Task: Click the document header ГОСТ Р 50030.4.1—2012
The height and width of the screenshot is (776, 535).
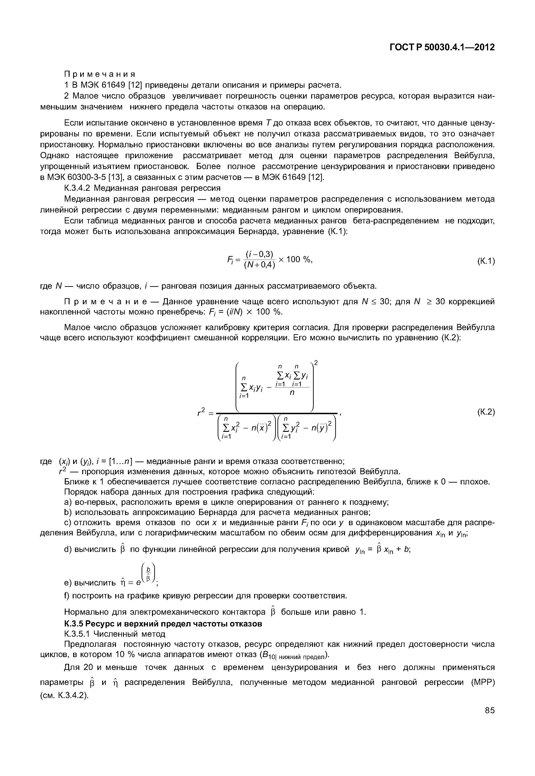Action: click(442, 47)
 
